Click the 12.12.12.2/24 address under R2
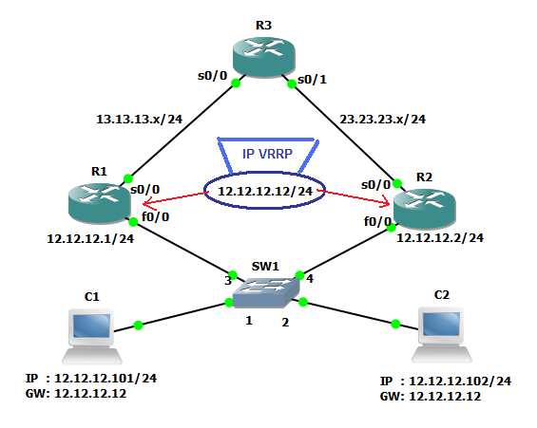click(440, 237)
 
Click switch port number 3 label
click(228, 280)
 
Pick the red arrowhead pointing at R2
click(387, 202)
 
